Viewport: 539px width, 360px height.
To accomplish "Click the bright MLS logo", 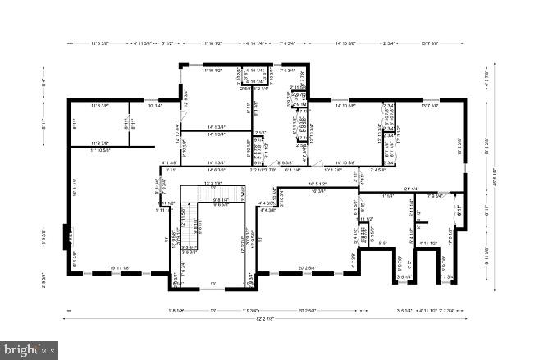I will click(x=30, y=350).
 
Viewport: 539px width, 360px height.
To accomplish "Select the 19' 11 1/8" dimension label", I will click(x=121, y=268).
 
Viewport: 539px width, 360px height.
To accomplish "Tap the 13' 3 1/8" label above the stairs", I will click(x=213, y=183).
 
